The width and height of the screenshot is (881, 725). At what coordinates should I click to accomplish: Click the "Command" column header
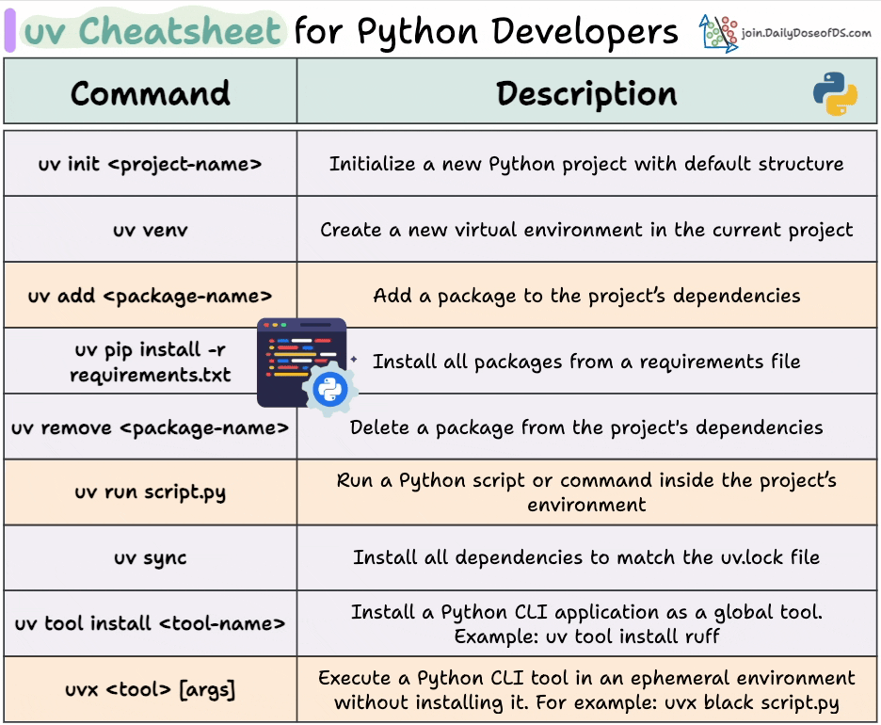click(x=151, y=93)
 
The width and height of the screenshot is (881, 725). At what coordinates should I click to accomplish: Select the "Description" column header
click(x=586, y=93)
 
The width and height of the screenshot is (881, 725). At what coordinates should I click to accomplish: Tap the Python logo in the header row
click(x=835, y=94)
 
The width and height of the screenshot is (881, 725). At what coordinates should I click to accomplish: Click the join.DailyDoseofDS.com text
click(x=806, y=33)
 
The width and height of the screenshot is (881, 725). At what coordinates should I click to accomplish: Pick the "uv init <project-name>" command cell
click(x=151, y=164)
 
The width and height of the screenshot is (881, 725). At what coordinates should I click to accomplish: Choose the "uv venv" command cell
click(x=151, y=230)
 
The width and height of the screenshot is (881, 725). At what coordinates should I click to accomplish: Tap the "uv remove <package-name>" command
click(x=151, y=427)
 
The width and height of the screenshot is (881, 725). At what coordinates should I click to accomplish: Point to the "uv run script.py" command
click(x=151, y=491)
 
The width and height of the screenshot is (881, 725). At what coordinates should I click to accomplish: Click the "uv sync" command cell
click(x=151, y=557)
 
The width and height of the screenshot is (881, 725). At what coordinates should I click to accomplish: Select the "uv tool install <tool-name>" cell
click(x=151, y=623)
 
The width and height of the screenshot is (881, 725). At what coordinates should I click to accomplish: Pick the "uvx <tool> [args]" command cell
click(x=151, y=689)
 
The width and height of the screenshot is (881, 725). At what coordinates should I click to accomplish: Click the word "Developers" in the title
click(x=585, y=31)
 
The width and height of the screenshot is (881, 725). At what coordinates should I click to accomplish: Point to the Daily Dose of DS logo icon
click(x=718, y=33)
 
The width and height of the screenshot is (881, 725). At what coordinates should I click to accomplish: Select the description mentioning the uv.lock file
click(x=586, y=557)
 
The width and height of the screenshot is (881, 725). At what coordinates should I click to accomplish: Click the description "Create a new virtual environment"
click(x=586, y=230)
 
